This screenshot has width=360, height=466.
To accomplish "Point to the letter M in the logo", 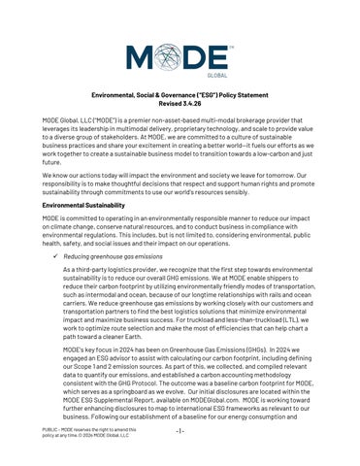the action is pyautogui.click(x=144, y=59).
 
